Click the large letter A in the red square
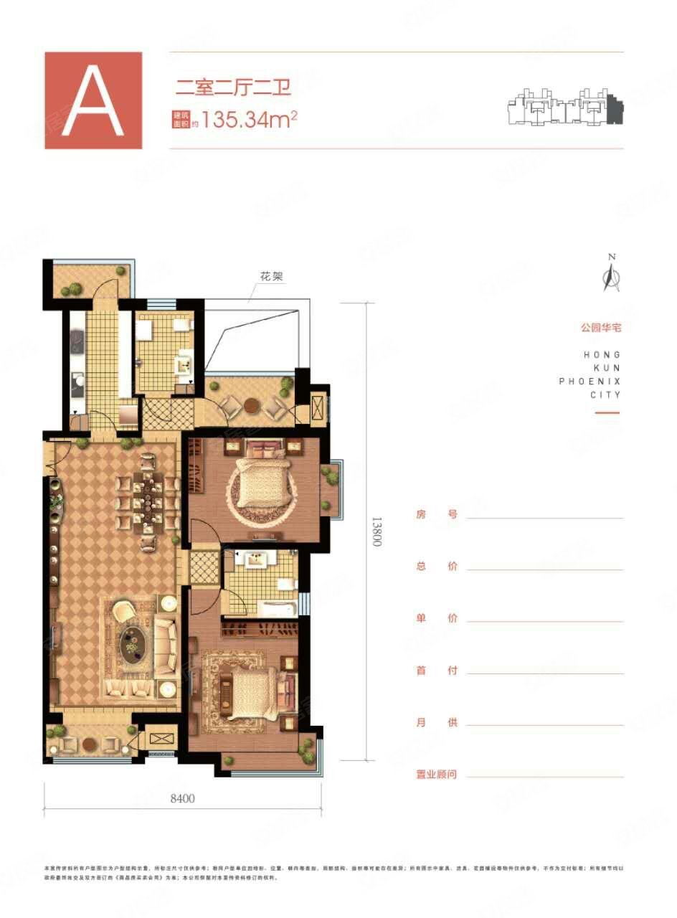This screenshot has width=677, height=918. (93, 100)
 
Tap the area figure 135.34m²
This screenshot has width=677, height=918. (249, 119)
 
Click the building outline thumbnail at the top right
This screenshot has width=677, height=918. (565, 108)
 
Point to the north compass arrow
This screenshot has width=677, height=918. (612, 275)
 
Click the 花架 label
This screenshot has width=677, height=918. (274, 276)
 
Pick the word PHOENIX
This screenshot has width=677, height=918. (589, 381)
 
